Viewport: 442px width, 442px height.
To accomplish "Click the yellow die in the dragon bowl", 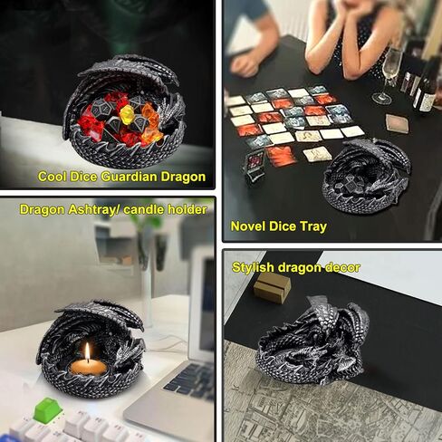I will click(127, 114).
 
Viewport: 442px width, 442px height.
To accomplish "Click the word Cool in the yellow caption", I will click(51, 177).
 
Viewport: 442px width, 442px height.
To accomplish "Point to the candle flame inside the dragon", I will click(88, 351).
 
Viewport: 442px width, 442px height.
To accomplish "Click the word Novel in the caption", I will click(249, 226).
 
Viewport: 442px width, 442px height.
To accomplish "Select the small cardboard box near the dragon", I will click(272, 287).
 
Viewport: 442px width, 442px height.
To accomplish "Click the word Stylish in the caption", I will click(255, 267).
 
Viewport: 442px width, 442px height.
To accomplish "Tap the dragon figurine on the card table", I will click(367, 172).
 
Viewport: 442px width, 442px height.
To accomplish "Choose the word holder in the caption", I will click(185, 209).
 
